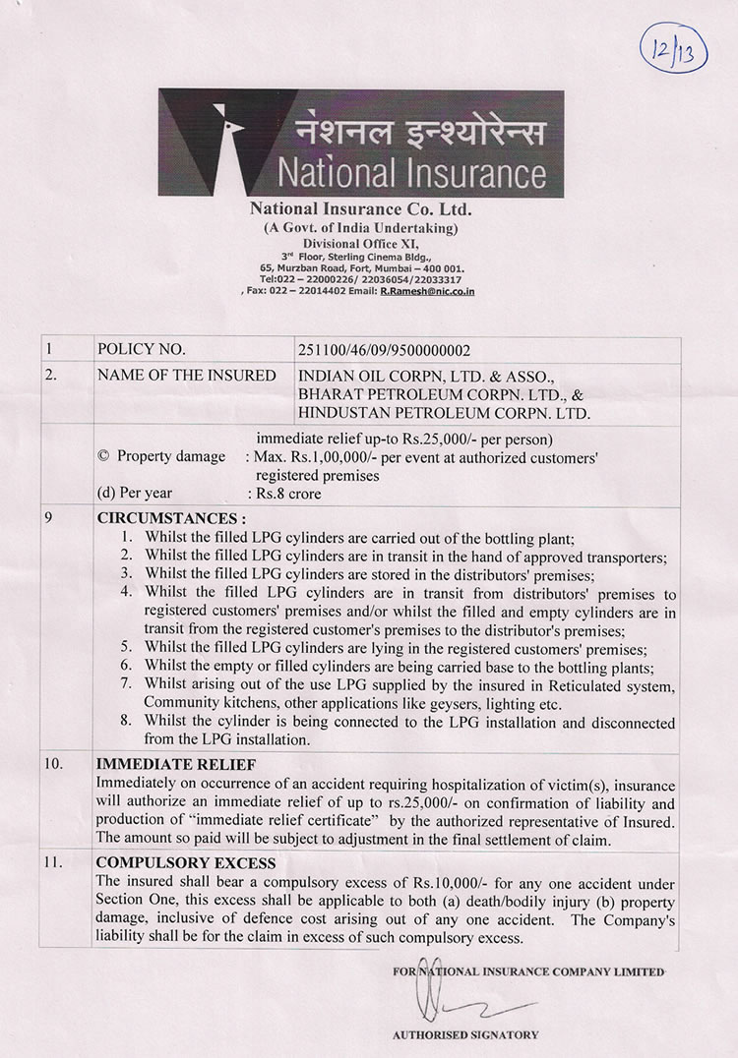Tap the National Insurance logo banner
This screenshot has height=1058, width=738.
click(x=360, y=143)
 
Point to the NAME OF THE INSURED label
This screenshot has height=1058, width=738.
click(x=171, y=375)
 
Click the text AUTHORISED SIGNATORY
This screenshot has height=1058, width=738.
click(x=465, y=1034)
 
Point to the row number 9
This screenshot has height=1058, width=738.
click(x=49, y=517)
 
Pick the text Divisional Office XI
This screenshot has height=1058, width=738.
click(x=360, y=240)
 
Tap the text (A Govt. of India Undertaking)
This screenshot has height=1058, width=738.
click(x=360, y=227)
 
